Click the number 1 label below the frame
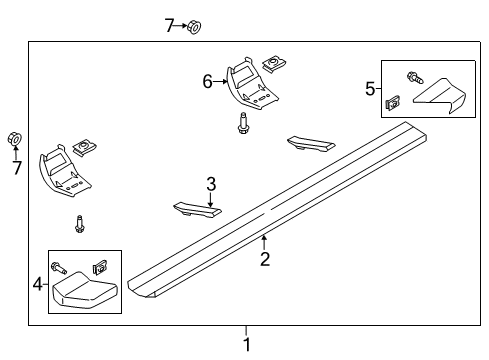tap(247, 345)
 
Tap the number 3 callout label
tap(211, 184)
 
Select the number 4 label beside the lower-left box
tap(38, 284)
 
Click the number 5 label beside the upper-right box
tap(369, 89)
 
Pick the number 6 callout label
tap(208, 81)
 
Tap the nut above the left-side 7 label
tap(15, 138)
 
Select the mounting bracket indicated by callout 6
tap(250, 86)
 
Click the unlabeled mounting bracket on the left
tap(66, 169)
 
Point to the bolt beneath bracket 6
tap(243, 125)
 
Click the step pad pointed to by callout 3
tap(196, 209)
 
